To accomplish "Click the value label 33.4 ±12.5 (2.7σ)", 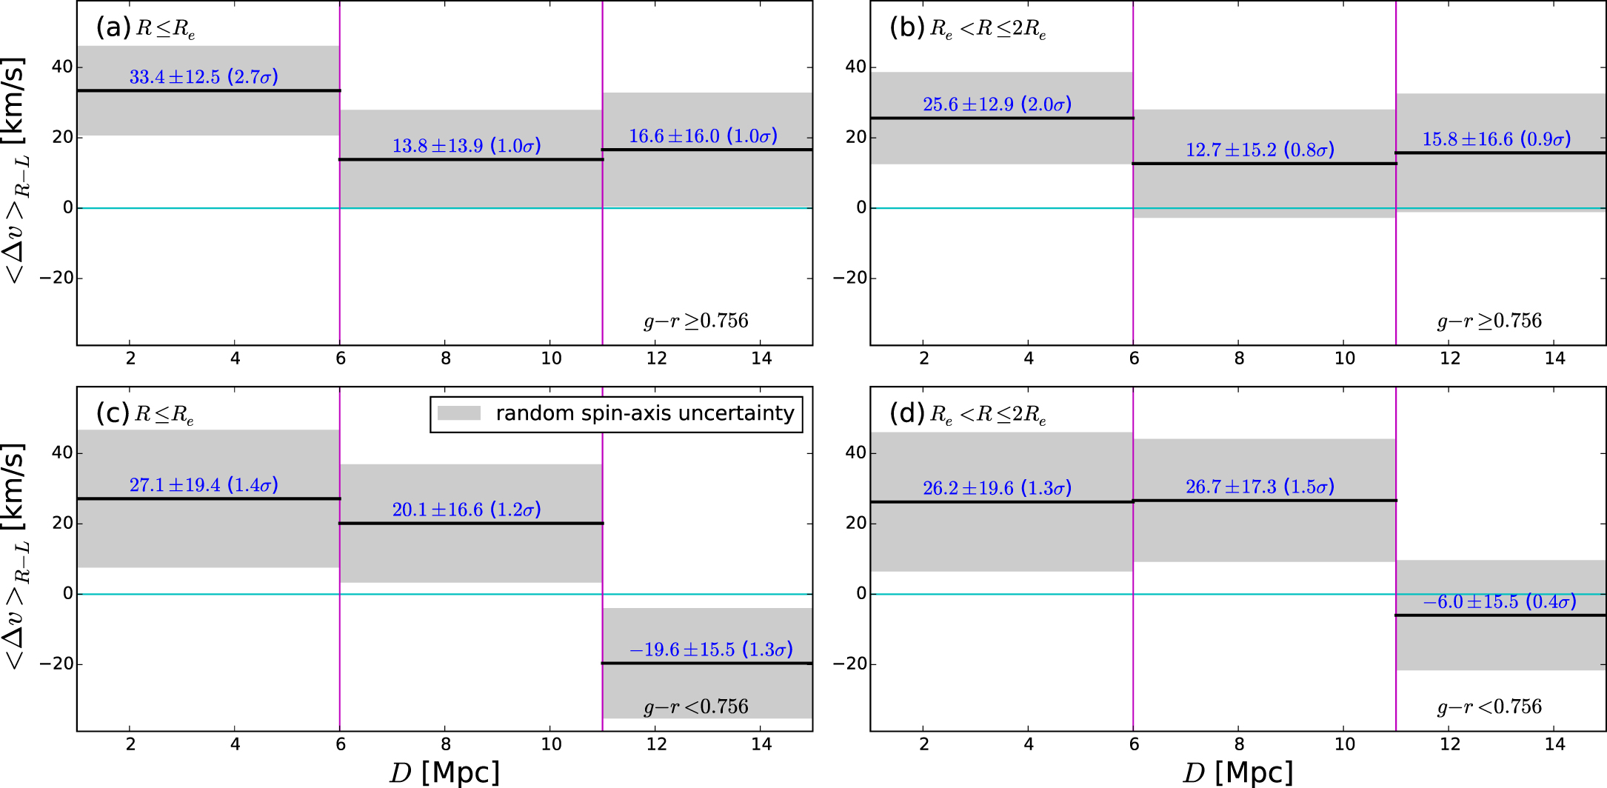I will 204,77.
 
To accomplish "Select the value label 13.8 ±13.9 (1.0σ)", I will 467,146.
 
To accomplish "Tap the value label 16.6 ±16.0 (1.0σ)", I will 704,136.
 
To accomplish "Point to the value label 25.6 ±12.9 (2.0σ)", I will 997,104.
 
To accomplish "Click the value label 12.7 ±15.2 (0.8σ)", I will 1260,150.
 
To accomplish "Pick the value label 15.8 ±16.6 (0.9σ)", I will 1496,139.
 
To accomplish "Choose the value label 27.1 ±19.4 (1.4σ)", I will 204,485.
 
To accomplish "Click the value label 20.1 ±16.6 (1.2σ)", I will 467,510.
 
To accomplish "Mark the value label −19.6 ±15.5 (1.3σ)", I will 711,650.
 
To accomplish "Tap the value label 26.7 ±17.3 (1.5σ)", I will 1260,487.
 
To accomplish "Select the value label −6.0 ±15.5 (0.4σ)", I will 1499,602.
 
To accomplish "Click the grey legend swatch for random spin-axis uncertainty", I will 459,413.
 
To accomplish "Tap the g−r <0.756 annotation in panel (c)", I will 696,707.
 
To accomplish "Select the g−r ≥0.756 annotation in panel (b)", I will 1489,321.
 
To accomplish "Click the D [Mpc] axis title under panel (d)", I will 1237,772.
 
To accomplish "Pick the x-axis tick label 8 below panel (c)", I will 446,744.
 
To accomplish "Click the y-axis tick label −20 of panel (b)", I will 849,278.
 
